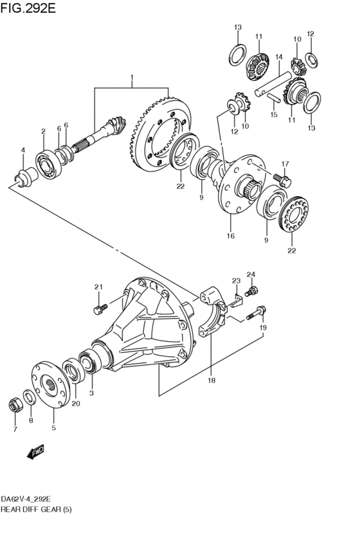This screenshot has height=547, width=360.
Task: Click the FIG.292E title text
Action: point(28,8)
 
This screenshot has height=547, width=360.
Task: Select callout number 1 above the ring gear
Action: point(132,76)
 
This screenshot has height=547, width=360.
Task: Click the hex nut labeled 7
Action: point(15,406)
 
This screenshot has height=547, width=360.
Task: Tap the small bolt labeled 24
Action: point(252,291)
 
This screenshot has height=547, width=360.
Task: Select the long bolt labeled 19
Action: point(256,312)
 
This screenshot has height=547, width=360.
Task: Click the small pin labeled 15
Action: point(274,98)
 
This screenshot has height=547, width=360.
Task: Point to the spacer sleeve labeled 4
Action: point(26,176)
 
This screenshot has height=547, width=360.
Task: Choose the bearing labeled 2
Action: point(48,164)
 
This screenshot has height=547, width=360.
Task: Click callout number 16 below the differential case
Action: point(230,236)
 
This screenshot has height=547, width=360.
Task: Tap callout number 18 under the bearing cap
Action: point(212,381)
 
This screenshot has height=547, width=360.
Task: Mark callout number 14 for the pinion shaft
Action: point(278,57)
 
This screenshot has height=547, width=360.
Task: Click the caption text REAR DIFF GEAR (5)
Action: point(36,509)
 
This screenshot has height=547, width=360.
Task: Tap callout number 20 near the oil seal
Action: point(76,403)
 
